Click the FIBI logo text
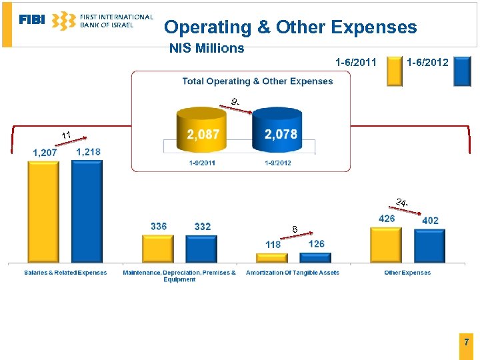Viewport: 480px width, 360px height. (x=32, y=20)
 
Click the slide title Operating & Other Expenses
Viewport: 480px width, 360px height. (x=290, y=27)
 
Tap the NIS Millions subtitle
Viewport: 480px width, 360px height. (x=207, y=49)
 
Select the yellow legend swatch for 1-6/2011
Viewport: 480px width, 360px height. (x=395, y=71)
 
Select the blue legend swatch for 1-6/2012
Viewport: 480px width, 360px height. (x=462, y=71)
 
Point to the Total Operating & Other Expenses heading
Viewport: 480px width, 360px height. (x=257, y=81)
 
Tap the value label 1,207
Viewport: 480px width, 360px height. (x=45, y=153)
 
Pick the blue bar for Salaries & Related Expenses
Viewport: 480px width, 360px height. (x=87, y=211)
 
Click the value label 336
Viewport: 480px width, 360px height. (x=159, y=227)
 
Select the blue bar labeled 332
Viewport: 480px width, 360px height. (x=201, y=249)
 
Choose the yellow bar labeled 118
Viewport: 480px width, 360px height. (x=271, y=257)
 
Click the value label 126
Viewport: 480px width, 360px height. (x=316, y=244)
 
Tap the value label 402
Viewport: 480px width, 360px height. (x=430, y=221)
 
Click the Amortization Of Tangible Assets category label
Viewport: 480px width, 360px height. (x=292, y=273)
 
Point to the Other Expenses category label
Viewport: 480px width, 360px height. (x=407, y=273)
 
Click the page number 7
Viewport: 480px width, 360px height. (x=466, y=342)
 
